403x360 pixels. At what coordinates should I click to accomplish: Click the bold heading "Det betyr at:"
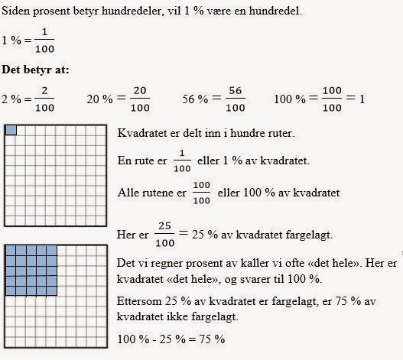pyautogui.click(x=36, y=71)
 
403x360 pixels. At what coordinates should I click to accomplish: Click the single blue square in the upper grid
pyautogui.click(x=10, y=131)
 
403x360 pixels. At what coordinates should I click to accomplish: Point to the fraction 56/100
pyautogui.click(x=234, y=99)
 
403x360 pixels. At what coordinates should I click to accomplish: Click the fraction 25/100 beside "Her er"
pyautogui.click(x=164, y=233)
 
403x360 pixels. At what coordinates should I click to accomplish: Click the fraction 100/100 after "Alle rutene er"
pyautogui.click(x=201, y=193)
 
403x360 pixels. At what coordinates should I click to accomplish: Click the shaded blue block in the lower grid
pyautogui.click(x=31, y=270)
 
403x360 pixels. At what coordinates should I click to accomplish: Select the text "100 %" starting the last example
pyautogui.click(x=288, y=99)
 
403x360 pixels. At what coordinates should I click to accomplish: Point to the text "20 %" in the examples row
pyautogui.click(x=99, y=99)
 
